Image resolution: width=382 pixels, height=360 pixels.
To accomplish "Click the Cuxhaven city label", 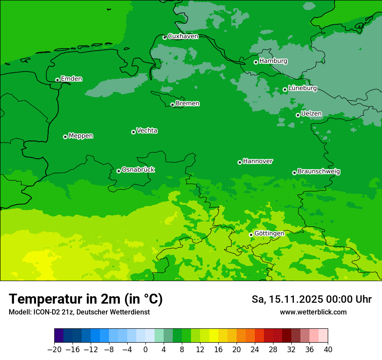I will click(183, 36).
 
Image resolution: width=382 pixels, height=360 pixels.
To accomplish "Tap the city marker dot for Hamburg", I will click(256, 62).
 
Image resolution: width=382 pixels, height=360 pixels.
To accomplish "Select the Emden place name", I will click(71, 79).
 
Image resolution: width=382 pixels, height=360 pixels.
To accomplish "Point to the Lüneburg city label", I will click(302, 88).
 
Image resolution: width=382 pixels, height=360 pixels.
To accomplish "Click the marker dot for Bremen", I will click(172, 105).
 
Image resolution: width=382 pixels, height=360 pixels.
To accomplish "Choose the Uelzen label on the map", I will click(311, 114).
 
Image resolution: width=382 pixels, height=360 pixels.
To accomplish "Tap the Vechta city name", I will click(147, 131).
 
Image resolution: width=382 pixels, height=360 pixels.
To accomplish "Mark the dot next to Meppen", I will click(65, 137).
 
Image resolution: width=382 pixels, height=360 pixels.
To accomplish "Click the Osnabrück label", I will click(138, 170).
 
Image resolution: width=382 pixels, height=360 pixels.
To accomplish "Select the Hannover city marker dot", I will click(240, 162).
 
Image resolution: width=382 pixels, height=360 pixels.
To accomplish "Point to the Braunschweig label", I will click(319, 172).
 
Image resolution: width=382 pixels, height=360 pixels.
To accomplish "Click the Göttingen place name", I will click(269, 234).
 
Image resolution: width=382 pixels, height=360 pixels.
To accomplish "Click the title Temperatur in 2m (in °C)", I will click(86, 299).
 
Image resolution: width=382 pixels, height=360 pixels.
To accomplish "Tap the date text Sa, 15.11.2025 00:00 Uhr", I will click(311, 299).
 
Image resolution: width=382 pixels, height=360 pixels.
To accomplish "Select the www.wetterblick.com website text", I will click(313, 312).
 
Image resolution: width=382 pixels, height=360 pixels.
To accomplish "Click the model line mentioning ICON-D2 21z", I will click(79, 312).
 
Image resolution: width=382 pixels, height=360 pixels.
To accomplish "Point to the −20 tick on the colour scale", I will click(54, 350).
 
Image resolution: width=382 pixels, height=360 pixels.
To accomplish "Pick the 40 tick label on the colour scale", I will click(328, 350).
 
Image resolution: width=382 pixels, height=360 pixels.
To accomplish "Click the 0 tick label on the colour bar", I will click(145, 350).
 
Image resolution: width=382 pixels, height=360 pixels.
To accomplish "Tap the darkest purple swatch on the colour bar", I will click(59, 336).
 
